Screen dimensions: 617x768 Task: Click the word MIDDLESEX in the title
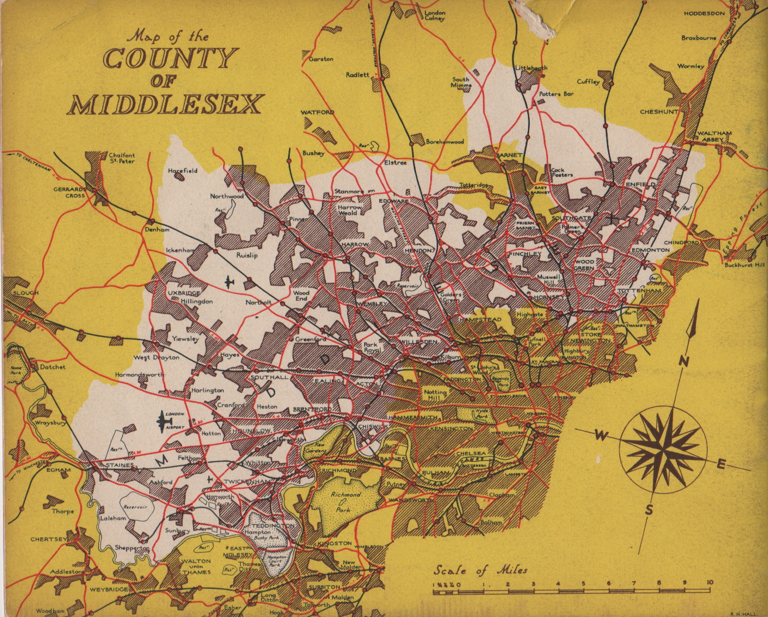164,104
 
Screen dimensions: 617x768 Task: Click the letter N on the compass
683,361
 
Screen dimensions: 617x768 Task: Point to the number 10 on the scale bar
709,582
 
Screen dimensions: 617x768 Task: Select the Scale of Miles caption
480,570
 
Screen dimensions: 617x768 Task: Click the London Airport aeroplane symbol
162,420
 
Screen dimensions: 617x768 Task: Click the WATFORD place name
317,112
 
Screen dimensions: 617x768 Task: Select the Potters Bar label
556,94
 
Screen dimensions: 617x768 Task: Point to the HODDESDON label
704,13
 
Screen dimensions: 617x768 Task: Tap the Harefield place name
183,171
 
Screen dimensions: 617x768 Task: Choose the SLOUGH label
25,293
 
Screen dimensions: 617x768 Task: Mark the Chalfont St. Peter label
122,158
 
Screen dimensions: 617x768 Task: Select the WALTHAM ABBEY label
714,136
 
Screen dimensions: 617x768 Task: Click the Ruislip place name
247,255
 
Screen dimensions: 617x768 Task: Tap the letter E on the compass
722,465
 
